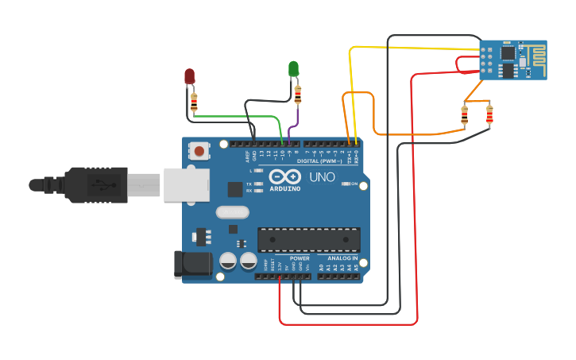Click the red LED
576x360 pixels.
[189, 75]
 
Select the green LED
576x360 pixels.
[293, 68]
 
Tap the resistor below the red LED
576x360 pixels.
[194, 101]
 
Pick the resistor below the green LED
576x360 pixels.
[298, 95]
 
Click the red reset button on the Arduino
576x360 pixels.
[199, 149]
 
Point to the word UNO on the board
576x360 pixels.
[322, 176]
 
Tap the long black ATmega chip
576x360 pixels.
[308, 239]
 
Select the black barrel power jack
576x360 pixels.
[192, 264]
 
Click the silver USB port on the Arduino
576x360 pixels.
[187, 184]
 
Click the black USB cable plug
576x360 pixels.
[95, 185]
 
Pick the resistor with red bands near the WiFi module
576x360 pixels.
[489, 116]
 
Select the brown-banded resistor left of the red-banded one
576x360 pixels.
[465, 116]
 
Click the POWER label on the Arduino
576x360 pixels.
[300, 258]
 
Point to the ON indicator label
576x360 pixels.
[354, 184]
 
